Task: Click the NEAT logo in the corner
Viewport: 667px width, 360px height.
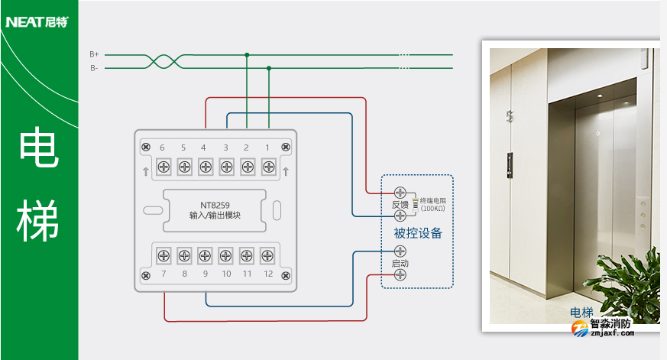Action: [36, 21]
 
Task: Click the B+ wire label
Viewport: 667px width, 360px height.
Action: [94, 54]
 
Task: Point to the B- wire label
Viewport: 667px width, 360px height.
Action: [94, 68]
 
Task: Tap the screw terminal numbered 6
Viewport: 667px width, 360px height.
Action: [163, 167]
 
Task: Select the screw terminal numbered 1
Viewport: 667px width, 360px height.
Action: [268, 167]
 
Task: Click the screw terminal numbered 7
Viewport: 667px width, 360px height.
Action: [163, 255]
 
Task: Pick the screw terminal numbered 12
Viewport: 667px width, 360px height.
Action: [268, 255]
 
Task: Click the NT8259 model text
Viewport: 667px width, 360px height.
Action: [215, 204]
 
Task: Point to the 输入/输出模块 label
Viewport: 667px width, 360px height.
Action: [215, 216]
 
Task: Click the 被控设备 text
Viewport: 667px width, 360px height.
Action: [418, 233]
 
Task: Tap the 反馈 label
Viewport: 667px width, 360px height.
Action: [400, 204]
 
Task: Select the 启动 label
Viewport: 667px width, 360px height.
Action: [400, 263]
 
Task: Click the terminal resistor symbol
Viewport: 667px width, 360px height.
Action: [416, 204]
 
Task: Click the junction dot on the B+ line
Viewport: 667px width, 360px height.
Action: [247, 55]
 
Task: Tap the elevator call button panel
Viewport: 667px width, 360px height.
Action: [511, 162]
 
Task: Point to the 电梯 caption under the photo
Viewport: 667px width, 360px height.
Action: [581, 312]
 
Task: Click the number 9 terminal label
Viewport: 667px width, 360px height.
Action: [205, 274]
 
